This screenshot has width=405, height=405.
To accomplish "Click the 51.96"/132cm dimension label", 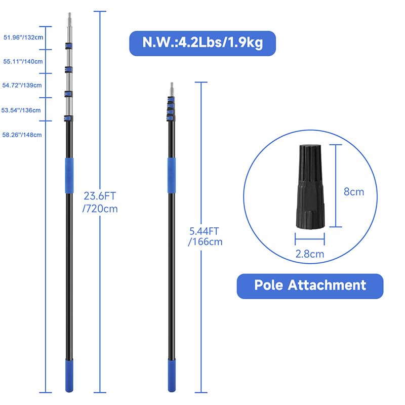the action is click(23, 37).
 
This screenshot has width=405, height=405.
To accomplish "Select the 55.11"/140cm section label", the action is click(23, 61).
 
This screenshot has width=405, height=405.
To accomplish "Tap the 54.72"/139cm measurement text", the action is click(22, 85).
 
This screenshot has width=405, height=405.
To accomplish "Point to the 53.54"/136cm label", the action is click(21, 110).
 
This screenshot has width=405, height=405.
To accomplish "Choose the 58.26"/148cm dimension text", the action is click(22, 135).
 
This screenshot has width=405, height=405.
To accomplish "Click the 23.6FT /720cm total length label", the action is click(100, 202).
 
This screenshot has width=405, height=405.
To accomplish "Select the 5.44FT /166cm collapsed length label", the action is click(206, 236).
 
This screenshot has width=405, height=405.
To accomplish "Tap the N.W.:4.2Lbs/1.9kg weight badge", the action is click(202, 43).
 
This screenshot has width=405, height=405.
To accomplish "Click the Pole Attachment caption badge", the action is click(310, 286).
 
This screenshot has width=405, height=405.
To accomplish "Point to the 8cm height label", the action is click(353, 192).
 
